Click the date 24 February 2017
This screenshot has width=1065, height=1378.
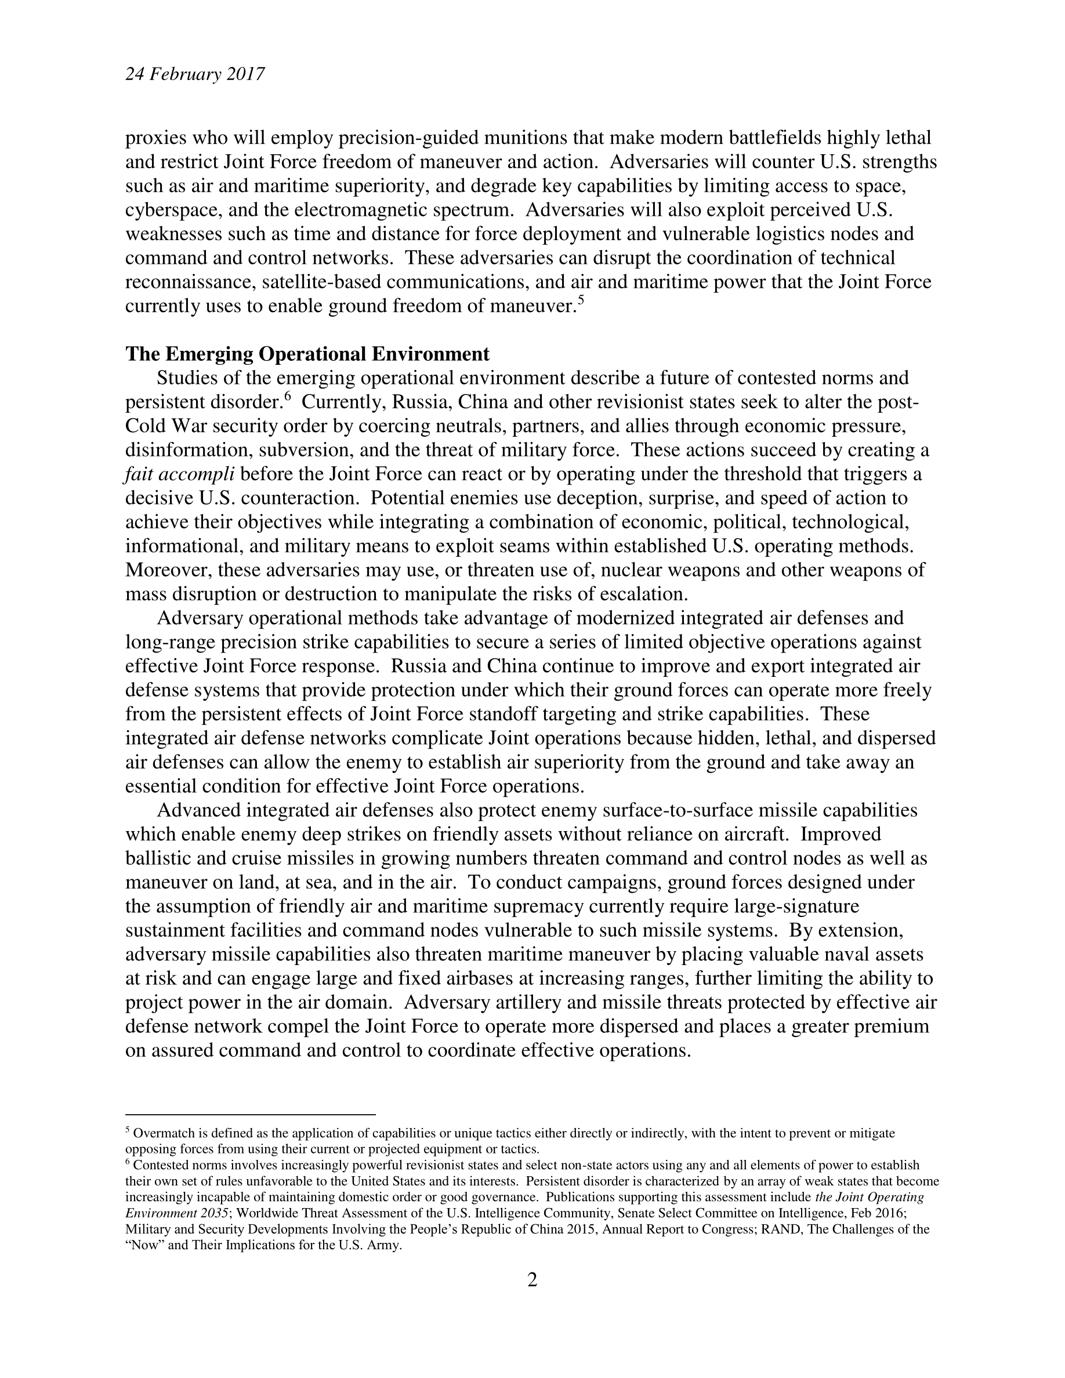[x=194, y=75]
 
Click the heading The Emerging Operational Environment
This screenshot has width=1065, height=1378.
[x=307, y=354]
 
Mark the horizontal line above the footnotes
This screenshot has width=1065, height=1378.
[x=251, y=1115]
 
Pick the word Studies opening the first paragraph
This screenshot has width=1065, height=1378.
[x=186, y=378]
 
